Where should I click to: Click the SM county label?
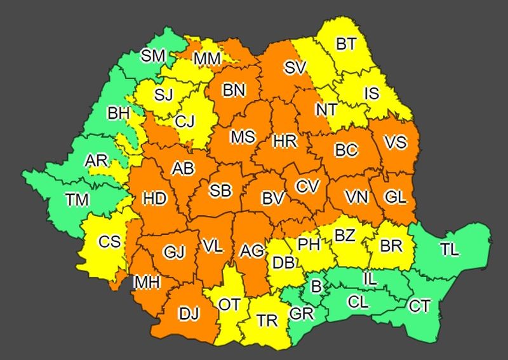[153, 56]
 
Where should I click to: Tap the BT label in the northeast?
[346, 44]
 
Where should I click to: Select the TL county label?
[449, 250]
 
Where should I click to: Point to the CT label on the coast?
[419, 307]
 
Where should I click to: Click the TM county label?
[77, 200]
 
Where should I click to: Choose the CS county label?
[109, 242]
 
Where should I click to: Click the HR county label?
[284, 142]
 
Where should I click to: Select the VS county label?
[395, 142]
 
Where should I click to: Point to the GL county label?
[395, 197]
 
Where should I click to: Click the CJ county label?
[185, 121]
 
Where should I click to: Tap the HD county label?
[154, 199]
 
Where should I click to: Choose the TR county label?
[267, 321]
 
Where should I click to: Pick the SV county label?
[295, 67]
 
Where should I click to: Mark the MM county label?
[208, 59]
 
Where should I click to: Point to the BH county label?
[118, 114]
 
